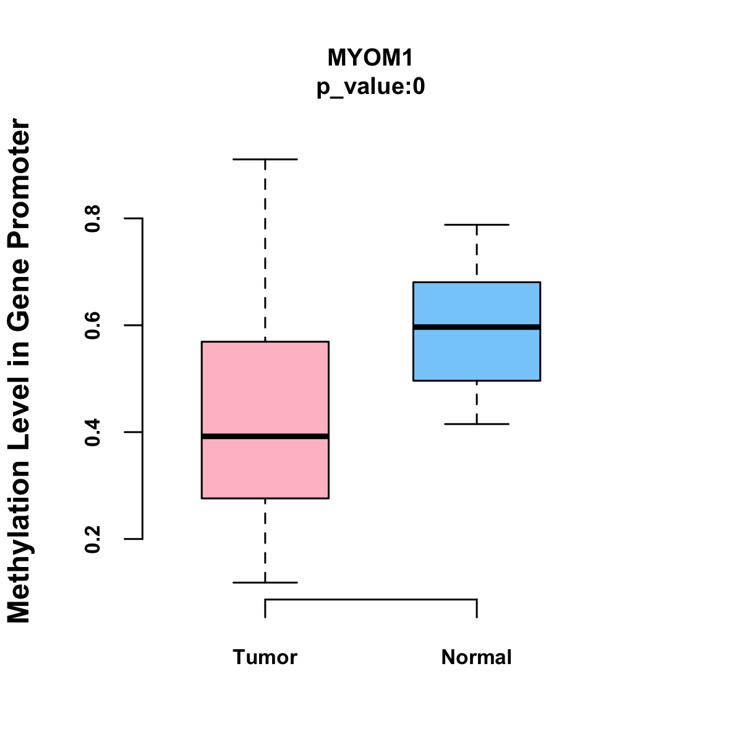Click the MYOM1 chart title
click(x=370, y=58)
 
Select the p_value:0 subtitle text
click(x=370, y=87)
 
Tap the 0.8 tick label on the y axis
click(x=93, y=219)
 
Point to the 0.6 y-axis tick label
click(x=93, y=325)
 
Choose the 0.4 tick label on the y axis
click(x=93, y=432)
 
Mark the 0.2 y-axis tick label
click(x=93, y=539)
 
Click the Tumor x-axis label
click(x=265, y=657)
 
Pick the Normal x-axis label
click(x=476, y=657)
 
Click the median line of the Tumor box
click(x=265, y=437)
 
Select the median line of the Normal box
click(x=477, y=326)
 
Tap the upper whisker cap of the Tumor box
click(x=265, y=160)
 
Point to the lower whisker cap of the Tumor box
click(x=265, y=582)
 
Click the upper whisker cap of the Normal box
click(x=477, y=225)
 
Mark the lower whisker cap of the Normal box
click(x=477, y=424)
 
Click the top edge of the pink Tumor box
click(x=265, y=341)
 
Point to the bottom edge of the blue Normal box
click(x=477, y=380)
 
